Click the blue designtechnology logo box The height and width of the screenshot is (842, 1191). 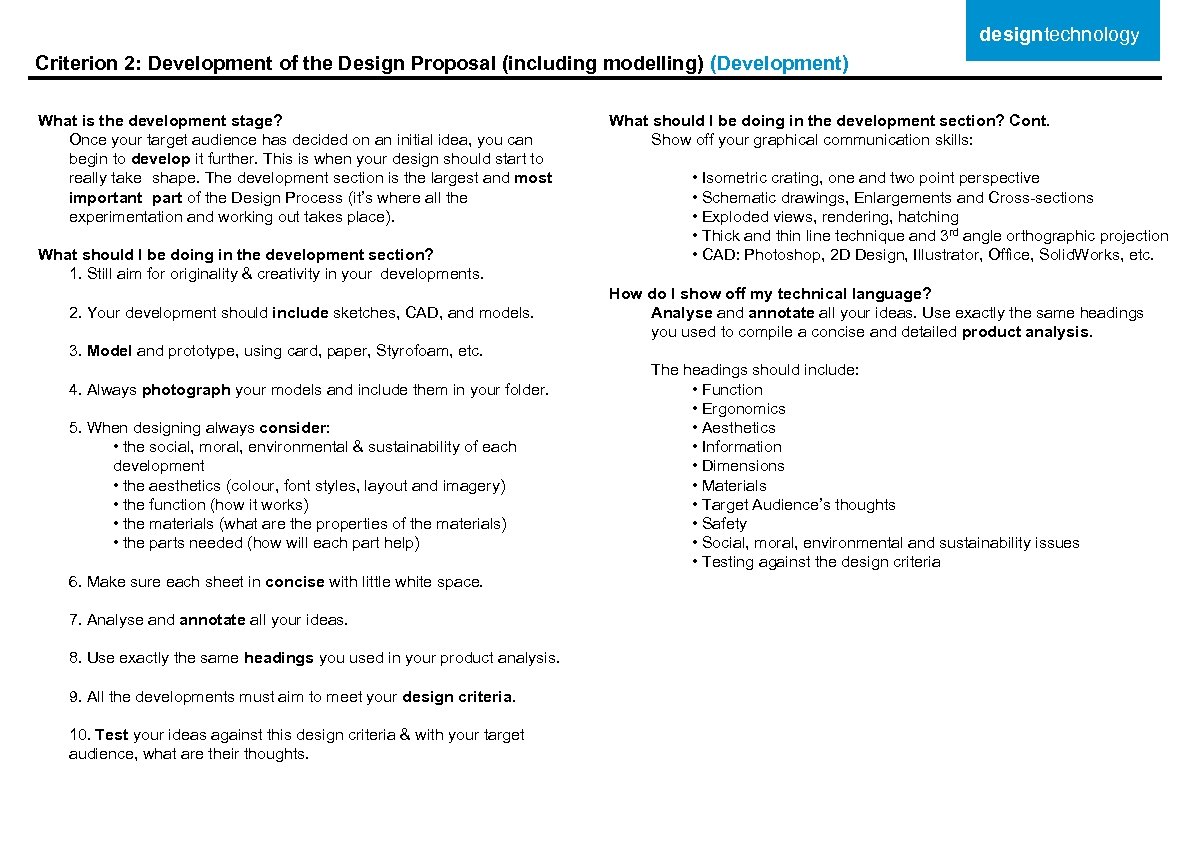point(1062,34)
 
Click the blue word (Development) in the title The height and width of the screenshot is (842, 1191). point(779,64)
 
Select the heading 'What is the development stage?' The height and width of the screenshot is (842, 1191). point(160,121)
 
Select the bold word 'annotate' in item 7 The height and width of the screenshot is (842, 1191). point(213,620)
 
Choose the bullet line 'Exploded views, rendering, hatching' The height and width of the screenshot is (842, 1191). point(830,217)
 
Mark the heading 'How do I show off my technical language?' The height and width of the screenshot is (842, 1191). point(770,294)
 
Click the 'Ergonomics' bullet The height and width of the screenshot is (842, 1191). point(743,409)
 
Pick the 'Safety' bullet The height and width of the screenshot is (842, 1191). point(724,524)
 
